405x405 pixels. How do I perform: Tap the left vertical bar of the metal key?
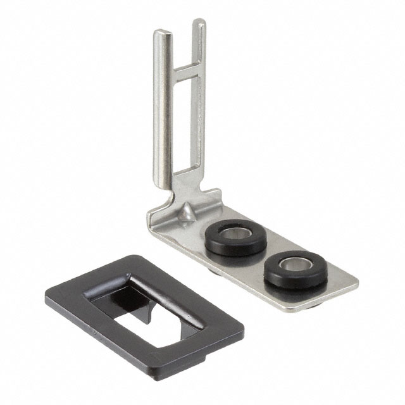159,108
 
